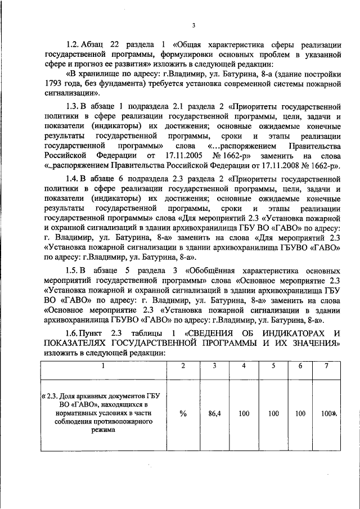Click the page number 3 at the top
[x=193, y=25]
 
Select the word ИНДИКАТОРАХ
[x=295, y=334]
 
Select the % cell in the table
[x=183, y=413]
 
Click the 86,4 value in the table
[x=213, y=413]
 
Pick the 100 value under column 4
[x=244, y=413]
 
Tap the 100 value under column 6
[x=300, y=413]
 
